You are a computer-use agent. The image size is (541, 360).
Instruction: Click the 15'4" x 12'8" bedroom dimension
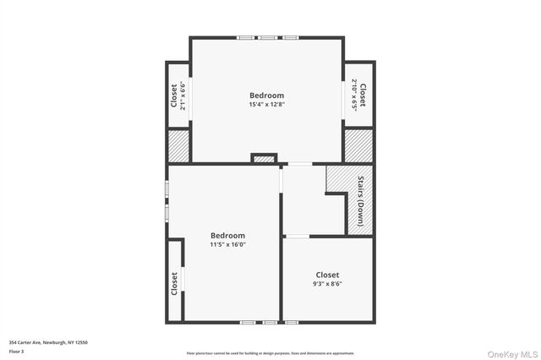click(x=266, y=106)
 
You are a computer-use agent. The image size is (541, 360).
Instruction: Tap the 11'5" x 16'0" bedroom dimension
click(x=227, y=245)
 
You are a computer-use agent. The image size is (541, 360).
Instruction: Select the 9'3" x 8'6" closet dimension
click(x=327, y=285)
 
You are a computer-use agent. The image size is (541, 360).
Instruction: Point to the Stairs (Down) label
click(x=360, y=200)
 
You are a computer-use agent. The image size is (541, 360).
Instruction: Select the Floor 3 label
click(x=17, y=350)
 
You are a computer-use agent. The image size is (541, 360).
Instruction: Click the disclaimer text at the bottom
click(x=270, y=352)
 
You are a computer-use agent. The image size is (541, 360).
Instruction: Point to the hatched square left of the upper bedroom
click(x=178, y=145)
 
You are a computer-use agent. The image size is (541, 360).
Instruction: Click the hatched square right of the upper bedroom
click(x=358, y=145)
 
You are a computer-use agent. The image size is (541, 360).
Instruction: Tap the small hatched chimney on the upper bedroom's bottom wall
click(x=265, y=158)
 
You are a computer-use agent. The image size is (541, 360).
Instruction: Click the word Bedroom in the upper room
click(x=266, y=95)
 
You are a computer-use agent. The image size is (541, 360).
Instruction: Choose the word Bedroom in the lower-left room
click(x=227, y=236)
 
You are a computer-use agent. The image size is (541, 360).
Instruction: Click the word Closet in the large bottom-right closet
click(x=327, y=275)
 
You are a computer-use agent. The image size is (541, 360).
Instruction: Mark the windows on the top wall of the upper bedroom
click(x=267, y=37)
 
